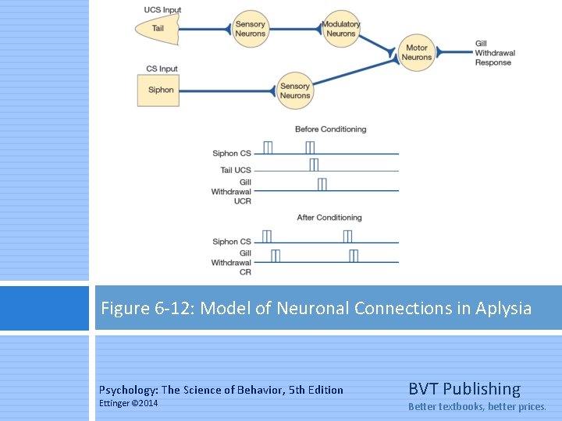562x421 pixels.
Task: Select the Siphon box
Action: tap(162, 90)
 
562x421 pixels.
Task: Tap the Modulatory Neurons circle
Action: tap(340, 30)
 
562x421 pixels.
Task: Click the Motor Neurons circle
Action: tap(417, 53)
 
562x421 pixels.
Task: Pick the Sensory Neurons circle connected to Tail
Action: tap(251, 30)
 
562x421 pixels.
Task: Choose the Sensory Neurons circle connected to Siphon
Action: tap(295, 90)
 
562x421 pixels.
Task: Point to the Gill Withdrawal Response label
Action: tap(495, 53)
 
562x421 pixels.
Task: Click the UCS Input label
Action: tap(163, 10)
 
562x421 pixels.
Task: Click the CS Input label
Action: tap(162, 69)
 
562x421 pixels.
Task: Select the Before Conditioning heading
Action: tap(330, 129)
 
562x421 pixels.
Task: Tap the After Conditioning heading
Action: tap(329, 218)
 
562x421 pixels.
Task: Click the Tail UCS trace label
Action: tap(236, 170)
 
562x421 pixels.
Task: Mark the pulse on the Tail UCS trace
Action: tap(314, 165)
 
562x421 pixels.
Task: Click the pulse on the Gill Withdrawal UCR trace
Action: tap(322, 184)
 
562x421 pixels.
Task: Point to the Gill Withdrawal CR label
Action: tap(232, 263)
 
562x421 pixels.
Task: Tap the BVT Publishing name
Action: tap(464, 389)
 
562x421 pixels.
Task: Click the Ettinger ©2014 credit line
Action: tap(128, 403)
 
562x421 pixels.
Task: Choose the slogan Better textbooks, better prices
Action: tap(478, 406)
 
